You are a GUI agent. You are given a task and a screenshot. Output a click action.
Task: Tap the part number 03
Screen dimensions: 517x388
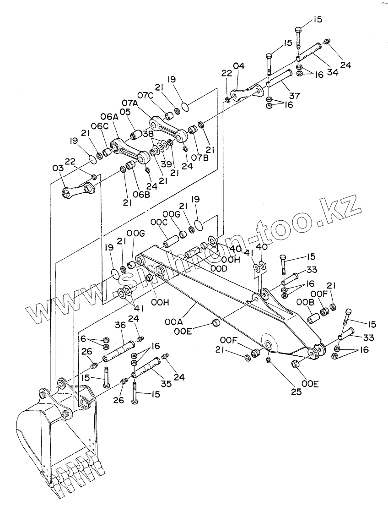[58, 169]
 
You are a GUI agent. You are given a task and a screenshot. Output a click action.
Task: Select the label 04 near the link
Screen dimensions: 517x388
[238, 65]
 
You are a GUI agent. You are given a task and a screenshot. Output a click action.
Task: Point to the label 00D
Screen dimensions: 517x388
[218, 268]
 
